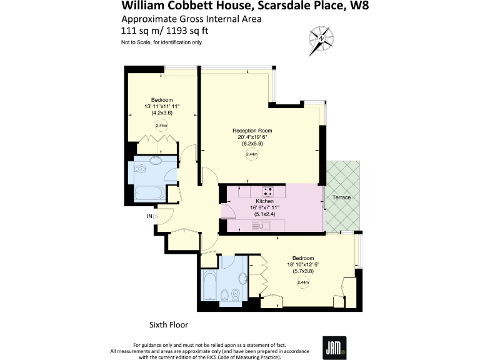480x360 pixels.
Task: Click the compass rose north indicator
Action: coord(322,38)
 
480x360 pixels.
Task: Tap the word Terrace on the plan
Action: coord(342,197)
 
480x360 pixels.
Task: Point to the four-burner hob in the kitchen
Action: coord(267,191)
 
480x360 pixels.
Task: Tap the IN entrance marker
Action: coord(149,216)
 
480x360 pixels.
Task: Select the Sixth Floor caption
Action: coord(168,325)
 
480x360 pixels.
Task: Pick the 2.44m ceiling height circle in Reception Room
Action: coord(252,154)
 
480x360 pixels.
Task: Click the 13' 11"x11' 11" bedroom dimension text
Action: coord(162,106)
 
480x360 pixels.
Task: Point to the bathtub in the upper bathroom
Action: coord(149,192)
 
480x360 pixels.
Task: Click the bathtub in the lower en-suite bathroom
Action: coord(211,291)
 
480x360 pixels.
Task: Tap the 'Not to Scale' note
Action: coord(161,42)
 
